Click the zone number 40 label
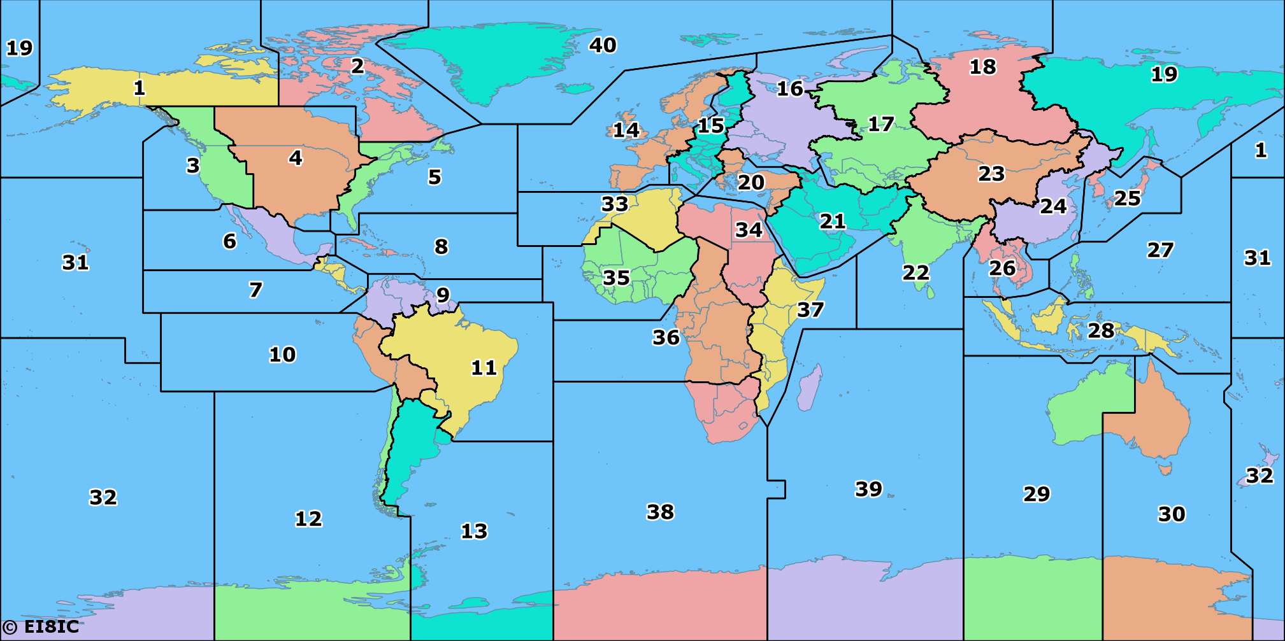(602, 45)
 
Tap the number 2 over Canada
(357, 65)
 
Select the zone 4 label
(295, 157)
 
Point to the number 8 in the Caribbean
(441, 246)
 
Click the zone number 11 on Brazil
(484, 367)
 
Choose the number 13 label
(474, 531)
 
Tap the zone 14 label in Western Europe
(626, 130)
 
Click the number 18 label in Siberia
(982, 66)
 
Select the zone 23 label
(991, 173)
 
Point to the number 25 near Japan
(1127, 198)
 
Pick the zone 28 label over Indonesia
(1101, 330)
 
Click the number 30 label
(1171, 514)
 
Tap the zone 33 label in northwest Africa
(614, 204)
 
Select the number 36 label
(666, 337)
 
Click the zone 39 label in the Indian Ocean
(868, 489)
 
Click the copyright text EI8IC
(43, 626)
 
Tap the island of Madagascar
(808, 387)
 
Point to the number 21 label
(832, 221)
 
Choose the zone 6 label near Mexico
(229, 241)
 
